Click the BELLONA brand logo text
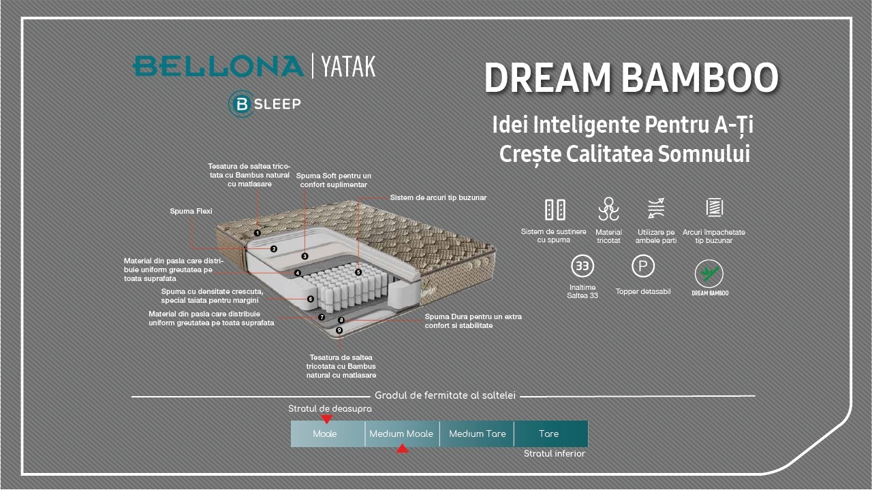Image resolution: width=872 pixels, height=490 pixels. (218, 66)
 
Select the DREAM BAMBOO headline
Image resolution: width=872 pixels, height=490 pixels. (631, 78)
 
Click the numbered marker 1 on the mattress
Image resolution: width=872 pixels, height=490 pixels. (258, 233)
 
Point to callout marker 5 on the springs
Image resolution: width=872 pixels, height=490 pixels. (358, 272)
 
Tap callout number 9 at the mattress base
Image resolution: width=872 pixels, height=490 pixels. (339, 330)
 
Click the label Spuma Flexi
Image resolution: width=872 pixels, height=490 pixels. (191, 212)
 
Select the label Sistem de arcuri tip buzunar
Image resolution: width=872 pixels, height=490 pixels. (438, 198)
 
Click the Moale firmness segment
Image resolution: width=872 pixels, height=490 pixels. (325, 434)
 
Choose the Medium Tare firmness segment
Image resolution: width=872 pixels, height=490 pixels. (477, 434)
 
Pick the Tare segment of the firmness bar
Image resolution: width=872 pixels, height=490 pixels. (549, 434)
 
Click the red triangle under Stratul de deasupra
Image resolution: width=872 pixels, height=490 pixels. (326, 419)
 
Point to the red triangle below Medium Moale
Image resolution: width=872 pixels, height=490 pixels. (403, 448)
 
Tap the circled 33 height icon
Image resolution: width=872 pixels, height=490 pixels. (582, 266)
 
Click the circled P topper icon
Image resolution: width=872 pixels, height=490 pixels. (643, 265)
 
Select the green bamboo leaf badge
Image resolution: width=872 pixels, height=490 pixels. (709, 274)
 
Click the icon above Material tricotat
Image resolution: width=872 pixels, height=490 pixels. (608, 209)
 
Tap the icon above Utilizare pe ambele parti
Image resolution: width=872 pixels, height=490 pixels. (656, 209)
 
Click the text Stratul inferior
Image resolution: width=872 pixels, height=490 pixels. (555, 454)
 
